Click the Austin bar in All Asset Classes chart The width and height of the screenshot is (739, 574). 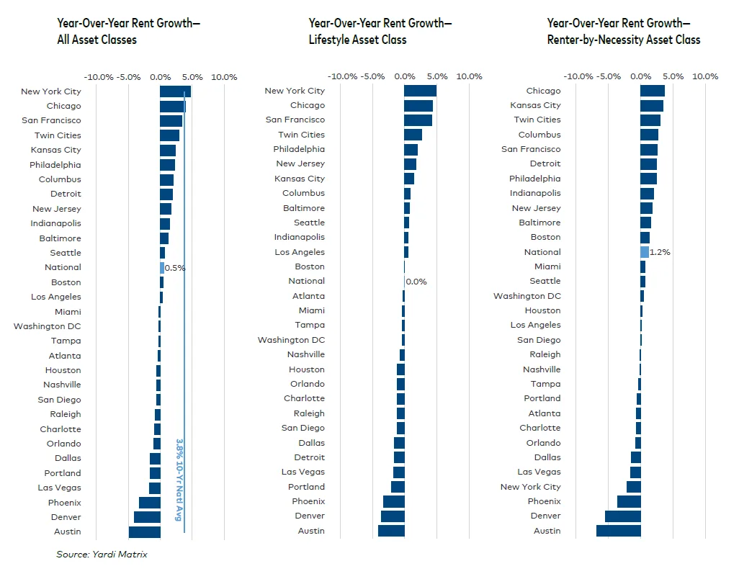tap(144, 532)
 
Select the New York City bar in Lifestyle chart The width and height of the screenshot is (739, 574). tap(420, 91)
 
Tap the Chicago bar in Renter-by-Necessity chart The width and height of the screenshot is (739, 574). tap(653, 91)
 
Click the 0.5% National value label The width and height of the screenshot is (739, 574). tap(175, 268)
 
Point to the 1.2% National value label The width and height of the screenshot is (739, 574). tap(660, 252)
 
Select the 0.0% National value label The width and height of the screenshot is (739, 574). tap(416, 282)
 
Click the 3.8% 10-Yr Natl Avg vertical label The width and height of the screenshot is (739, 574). tap(179, 480)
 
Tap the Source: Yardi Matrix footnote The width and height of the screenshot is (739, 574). tap(102, 554)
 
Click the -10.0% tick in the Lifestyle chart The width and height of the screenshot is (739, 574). tap(342, 76)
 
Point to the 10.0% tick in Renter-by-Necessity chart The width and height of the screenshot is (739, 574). tap(705, 76)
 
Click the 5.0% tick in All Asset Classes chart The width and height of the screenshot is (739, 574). tap(192, 77)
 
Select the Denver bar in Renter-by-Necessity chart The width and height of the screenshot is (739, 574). tap(622, 516)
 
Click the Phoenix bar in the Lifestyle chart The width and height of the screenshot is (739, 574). tap(393, 501)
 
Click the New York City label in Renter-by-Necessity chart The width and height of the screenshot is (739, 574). tap(530, 487)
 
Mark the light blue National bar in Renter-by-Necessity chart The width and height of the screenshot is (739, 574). tap(645, 252)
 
